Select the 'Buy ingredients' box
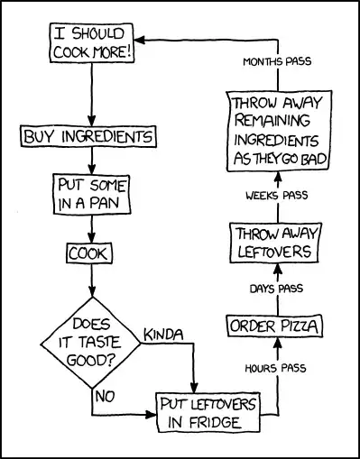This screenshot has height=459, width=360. point(88,137)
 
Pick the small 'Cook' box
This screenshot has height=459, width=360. point(89,253)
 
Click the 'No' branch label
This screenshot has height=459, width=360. point(105,393)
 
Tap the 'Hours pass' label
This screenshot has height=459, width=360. point(275,368)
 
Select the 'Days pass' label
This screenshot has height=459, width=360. point(275,289)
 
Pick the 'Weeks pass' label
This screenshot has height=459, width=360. point(275,195)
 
